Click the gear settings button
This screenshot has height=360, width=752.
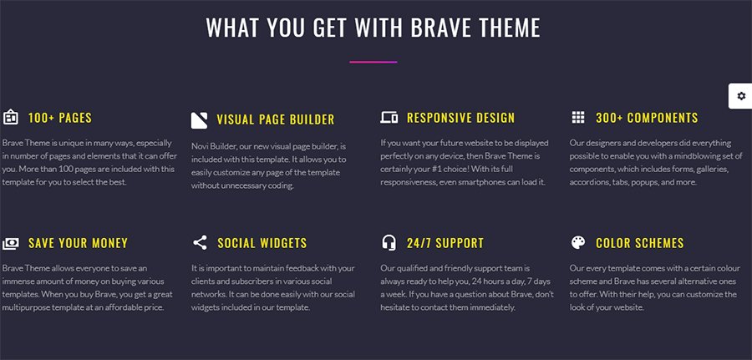tap(741, 96)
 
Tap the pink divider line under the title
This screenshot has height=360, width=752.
tap(373, 62)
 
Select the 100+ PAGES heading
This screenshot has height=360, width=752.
tap(60, 118)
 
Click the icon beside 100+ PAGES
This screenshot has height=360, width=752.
tap(11, 118)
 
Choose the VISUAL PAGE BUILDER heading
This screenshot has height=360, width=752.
tap(275, 119)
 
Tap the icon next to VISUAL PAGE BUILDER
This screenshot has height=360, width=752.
tap(199, 120)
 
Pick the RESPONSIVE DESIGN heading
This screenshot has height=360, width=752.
tap(461, 118)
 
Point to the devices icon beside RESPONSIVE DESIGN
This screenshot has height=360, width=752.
tap(389, 118)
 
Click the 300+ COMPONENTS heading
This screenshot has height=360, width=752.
tap(647, 118)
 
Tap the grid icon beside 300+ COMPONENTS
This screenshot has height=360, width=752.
tap(578, 118)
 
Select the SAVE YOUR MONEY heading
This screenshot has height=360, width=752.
tap(79, 243)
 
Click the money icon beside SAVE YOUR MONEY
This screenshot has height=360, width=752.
tap(11, 244)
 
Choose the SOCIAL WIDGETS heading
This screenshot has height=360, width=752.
tap(262, 243)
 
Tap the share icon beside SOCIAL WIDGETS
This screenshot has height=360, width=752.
tap(200, 242)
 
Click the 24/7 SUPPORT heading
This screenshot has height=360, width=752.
tap(445, 243)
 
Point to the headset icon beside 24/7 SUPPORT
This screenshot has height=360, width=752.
tap(389, 242)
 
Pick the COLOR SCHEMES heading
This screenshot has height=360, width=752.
tap(640, 243)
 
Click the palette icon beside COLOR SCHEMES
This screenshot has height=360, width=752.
tap(578, 242)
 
